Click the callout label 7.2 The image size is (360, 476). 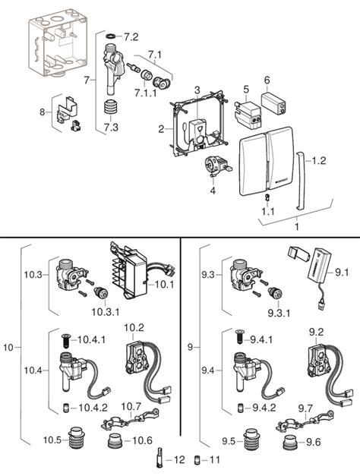tap(131, 36)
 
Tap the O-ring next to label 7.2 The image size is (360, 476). tap(111, 36)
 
